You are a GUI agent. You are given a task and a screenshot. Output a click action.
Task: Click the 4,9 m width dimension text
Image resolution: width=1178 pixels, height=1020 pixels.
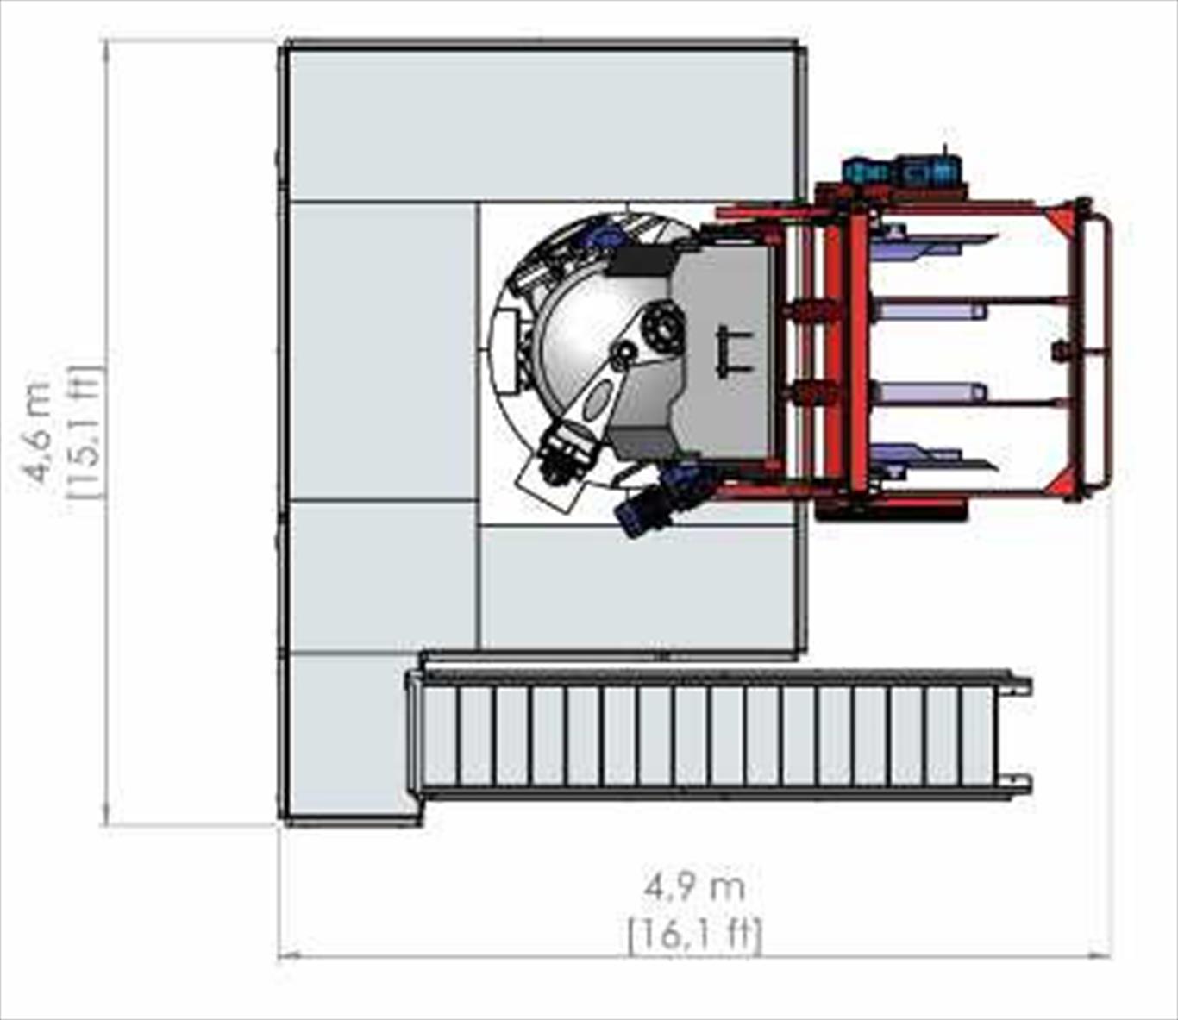[x=694, y=890]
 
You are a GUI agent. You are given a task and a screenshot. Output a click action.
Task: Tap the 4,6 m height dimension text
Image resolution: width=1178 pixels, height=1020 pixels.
[x=40, y=430]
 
